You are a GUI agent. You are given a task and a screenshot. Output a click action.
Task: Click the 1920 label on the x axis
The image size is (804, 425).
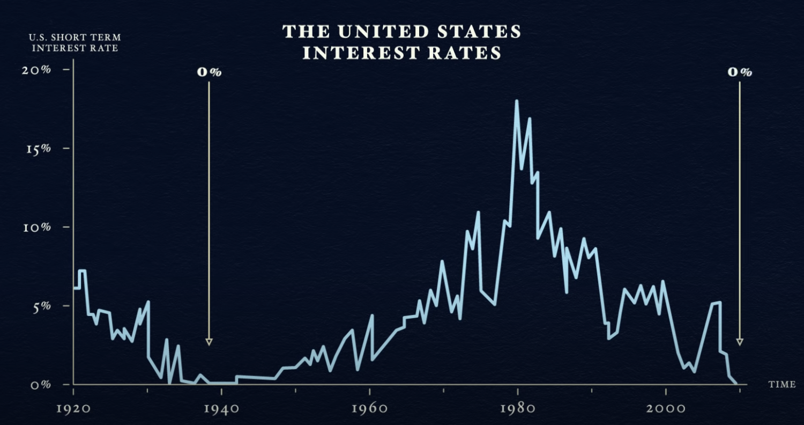pyautogui.click(x=73, y=408)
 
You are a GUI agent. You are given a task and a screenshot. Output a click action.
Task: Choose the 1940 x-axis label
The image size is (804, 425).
pyautogui.click(x=221, y=408)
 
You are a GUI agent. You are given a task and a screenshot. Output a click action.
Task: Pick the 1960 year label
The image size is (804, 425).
pyautogui.click(x=369, y=408)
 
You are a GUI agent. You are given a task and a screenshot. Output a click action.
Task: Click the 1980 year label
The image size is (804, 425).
pyautogui.click(x=518, y=408)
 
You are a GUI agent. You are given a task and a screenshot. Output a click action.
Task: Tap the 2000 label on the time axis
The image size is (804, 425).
pyautogui.click(x=666, y=408)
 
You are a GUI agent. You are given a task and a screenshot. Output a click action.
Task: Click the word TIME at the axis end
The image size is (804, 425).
pyautogui.click(x=781, y=385)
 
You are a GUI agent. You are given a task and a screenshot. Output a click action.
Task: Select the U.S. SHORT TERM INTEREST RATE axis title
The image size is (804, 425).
pyautogui.click(x=75, y=43)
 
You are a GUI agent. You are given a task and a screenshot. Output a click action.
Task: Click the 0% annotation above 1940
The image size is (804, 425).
pyautogui.click(x=209, y=72)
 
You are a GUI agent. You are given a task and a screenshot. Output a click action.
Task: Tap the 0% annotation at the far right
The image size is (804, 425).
pyautogui.click(x=740, y=72)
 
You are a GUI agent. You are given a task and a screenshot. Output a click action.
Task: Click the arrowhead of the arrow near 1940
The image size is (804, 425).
pyautogui.click(x=209, y=342)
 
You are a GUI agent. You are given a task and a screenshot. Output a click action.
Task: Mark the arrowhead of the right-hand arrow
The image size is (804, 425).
pyautogui.click(x=740, y=342)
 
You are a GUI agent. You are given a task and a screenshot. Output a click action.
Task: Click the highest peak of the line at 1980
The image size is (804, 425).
pyautogui.click(x=517, y=101)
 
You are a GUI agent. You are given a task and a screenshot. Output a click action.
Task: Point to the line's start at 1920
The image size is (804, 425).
pyautogui.click(x=74, y=288)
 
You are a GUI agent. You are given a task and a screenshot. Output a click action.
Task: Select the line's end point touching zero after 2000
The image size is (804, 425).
pyautogui.click(x=736, y=384)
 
